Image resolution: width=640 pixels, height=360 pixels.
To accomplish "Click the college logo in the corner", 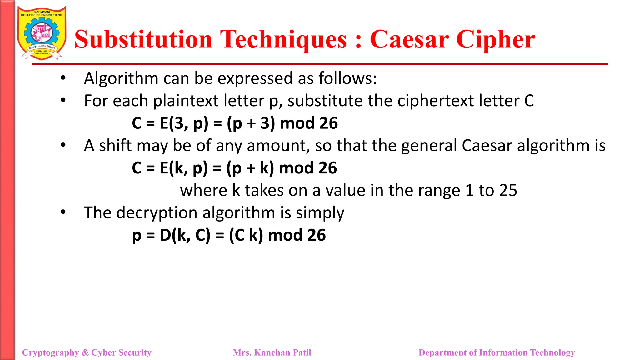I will tap(42, 33).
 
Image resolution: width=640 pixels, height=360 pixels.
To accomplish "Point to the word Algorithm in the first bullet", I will tap(121, 78).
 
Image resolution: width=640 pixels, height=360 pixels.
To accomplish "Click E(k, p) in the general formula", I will tap(184, 168).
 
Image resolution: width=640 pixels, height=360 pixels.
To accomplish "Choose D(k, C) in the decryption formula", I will tap(185, 235).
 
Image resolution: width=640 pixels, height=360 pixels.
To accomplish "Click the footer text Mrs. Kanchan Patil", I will tap(272, 352).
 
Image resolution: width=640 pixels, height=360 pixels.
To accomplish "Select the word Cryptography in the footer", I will tap(50, 352).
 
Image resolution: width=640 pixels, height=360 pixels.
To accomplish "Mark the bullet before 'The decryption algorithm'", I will tap(63, 212).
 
